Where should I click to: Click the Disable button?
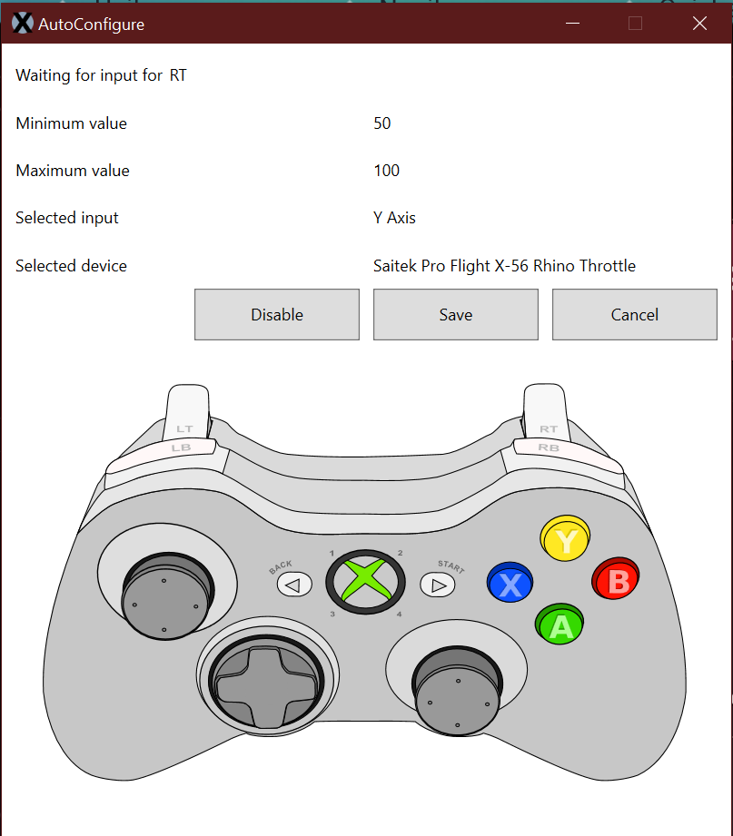(x=277, y=315)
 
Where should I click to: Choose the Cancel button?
(x=634, y=315)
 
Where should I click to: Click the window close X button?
(x=699, y=24)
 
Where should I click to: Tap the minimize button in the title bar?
(x=571, y=24)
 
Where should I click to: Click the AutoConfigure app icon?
(x=23, y=25)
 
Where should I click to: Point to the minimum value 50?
(x=382, y=123)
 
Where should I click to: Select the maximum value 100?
(x=387, y=171)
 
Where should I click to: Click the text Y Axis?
(x=394, y=218)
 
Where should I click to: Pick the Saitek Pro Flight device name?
(x=504, y=266)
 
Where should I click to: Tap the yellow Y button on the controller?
(x=566, y=541)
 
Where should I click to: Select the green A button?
(x=560, y=625)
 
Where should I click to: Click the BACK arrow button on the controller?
(x=293, y=585)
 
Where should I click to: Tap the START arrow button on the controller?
(x=438, y=585)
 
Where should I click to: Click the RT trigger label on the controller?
(x=549, y=428)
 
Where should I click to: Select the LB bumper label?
(x=182, y=448)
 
